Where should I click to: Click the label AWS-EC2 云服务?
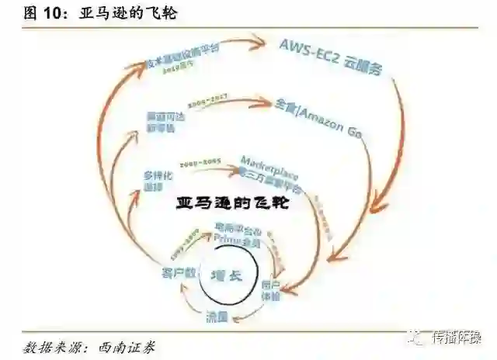pyautogui.click(x=332, y=55)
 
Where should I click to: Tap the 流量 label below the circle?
pyautogui.click(x=217, y=317)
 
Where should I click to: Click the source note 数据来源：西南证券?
pyautogui.click(x=89, y=346)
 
